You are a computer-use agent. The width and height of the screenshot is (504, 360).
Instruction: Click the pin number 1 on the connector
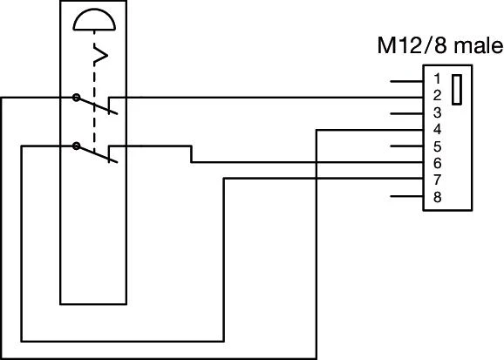point(437,79)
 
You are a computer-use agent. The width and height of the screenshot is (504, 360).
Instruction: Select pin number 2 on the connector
point(437,96)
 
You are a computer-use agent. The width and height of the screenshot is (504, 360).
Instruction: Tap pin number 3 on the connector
point(437,112)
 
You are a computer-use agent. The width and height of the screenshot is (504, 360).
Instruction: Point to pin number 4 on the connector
point(437,129)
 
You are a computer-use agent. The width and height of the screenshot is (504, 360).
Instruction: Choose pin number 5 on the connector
point(437,146)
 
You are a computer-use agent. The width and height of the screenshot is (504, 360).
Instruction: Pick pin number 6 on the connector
point(437,162)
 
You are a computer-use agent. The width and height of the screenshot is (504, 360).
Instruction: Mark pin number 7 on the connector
point(437,179)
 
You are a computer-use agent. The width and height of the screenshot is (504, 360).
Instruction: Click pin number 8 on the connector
point(437,197)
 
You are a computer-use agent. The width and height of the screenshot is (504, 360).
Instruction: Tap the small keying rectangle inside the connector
point(457,92)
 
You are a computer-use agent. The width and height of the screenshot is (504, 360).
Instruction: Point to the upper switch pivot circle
point(77,97)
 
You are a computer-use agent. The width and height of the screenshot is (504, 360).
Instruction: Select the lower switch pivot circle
point(77,146)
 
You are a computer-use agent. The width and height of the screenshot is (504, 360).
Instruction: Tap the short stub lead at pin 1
point(406,80)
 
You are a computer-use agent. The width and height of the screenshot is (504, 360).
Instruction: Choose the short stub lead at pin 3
point(406,113)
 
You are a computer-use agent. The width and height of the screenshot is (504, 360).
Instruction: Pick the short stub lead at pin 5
point(406,146)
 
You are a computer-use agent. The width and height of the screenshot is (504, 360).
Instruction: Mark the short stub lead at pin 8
point(406,197)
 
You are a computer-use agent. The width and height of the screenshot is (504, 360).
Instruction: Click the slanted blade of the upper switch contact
point(96,105)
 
